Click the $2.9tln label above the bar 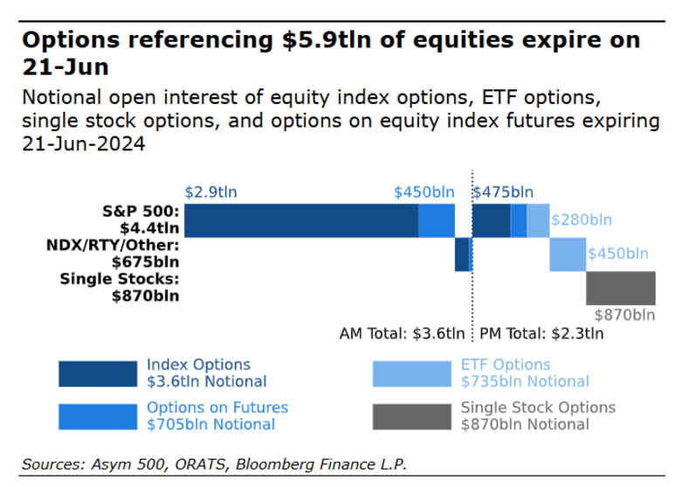pos(210,192)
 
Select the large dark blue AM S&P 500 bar pos(301,220)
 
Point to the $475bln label pos(503,192)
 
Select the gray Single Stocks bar pos(621,289)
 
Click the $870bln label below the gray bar pos(624,315)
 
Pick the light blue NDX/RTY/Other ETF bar pos(567,254)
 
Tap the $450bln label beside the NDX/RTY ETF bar pos(618,254)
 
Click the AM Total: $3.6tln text pos(402,333)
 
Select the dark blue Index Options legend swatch pos(97,373)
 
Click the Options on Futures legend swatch pos(97,416)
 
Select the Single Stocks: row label pos(120,279)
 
